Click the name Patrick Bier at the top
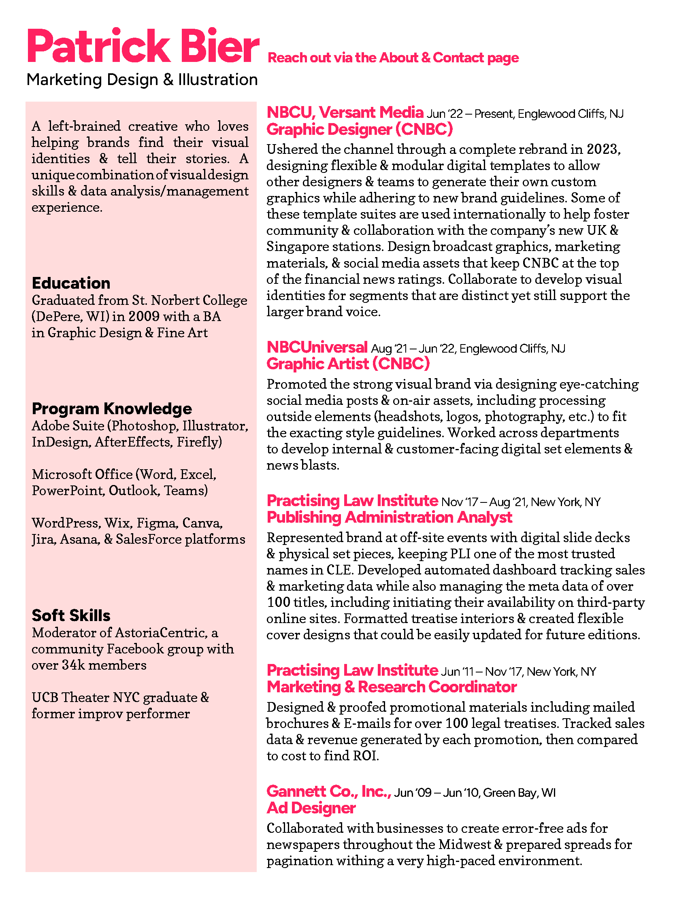tap(143, 46)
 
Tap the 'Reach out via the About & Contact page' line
tap(393, 58)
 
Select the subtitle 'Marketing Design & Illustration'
tap(142, 80)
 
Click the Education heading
tap(71, 283)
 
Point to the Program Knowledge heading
tap(112, 409)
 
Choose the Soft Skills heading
tap(71, 616)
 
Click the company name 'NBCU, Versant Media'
tap(345, 113)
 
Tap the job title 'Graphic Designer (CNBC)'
tap(360, 130)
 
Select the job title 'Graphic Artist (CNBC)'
tap(348, 364)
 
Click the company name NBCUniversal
tap(317, 347)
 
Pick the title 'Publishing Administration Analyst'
tap(390, 517)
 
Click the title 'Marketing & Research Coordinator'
tap(392, 687)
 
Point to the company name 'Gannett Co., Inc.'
tap(329, 791)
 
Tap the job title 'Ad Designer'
tap(311, 808)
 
